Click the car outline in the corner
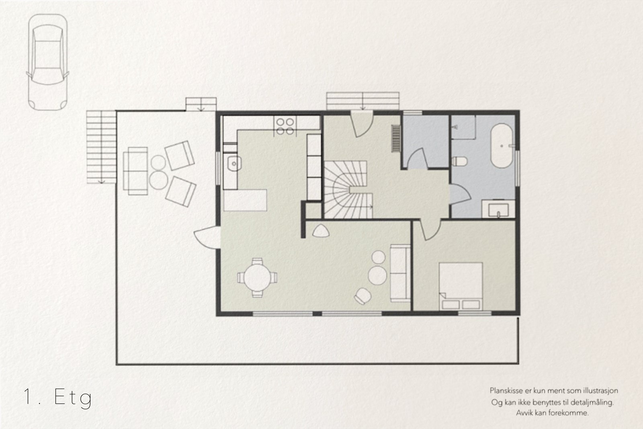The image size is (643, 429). click(x=48, y=62)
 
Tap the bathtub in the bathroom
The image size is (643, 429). click(x=502, y=146)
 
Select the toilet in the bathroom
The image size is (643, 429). click(x=459, y=161)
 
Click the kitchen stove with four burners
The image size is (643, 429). click(x=285, y=126)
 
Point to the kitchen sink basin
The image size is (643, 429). click(x=234, y=163)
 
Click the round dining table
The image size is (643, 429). click(x=257, y=277)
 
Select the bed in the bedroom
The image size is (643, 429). click(x=461, y=286)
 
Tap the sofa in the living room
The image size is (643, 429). click(x=400, y=273)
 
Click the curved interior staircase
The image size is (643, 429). click(x=348, y=189)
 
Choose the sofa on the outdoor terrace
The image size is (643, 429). click(x=135, y=171)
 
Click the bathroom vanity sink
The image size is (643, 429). click(x=498, y=209)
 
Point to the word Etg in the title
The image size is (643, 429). click(x=73, y=398)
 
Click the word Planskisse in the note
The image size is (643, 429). click(x=506, y=391)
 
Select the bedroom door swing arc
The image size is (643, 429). click(x=430, y=230)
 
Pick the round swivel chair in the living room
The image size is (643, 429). click(x=363, y=296)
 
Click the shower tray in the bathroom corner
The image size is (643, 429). click(x=463, y=127)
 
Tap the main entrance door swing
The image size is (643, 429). click(x=362, y=124)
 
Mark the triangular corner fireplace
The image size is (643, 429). click(x=321, y=231)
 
